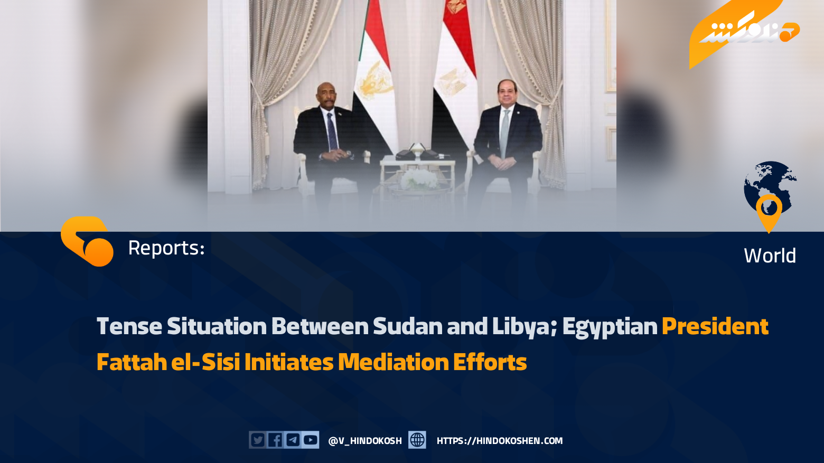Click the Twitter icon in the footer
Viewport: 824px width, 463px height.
(x=258, y=440)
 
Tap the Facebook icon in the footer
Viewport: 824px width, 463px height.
(x=275, y=440)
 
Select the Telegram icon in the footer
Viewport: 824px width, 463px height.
(x=293, y=440)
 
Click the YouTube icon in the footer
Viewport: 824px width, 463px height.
(x=311, y=440)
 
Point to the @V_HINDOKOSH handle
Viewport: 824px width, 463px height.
(x=365, y=441)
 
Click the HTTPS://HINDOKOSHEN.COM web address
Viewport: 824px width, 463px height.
(x=500, y=441)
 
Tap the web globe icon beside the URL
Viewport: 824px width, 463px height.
(x=417, y=440)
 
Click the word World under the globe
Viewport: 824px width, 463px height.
(x=770, y=256)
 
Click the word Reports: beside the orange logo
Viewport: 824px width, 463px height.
(x=166, y=248)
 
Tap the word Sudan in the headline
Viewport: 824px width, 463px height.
(x=407, y=326)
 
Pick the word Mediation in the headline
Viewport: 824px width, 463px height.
(x=393, y=362)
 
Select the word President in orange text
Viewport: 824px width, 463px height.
(x=715, y=326)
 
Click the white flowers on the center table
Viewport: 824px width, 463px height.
(x=419, y=179)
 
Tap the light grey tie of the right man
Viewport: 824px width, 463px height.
(x=504, y=133)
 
